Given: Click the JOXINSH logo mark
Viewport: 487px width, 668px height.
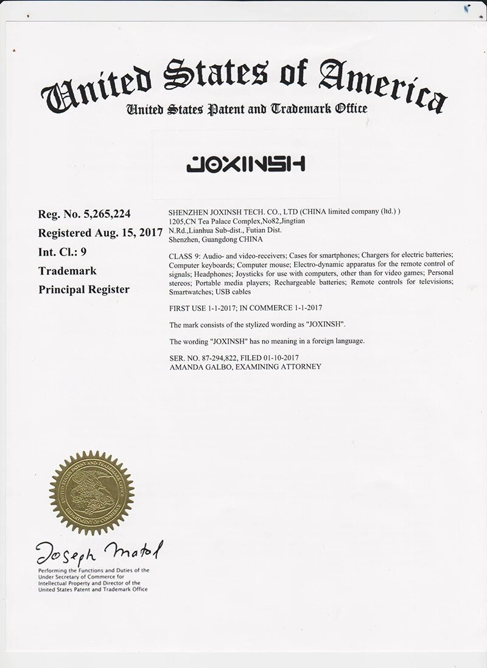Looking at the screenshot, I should coord(245,164).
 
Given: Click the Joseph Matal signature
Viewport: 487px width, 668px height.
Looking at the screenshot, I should coord(100,552).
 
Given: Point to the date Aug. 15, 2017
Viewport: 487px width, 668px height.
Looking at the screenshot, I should coord(128,232).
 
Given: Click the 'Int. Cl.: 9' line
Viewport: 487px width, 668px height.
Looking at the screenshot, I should coord(66,251).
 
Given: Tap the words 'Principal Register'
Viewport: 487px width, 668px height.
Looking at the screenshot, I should coord(84,289).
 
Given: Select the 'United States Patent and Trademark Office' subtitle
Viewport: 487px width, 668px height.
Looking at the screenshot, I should coord(247,109).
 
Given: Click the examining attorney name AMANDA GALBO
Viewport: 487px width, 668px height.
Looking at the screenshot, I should coord(196,366).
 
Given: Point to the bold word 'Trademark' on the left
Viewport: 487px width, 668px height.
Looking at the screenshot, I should coord(67,270).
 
